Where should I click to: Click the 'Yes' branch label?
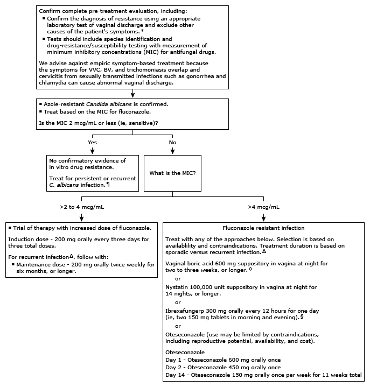click(93, 142)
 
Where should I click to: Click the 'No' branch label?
click(172, 142)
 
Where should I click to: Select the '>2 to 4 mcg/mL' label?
click(81, 207)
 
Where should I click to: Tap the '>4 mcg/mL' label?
click(263, 207)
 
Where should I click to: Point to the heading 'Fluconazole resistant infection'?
click(263, 228)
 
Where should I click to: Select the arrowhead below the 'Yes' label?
click(93, 151)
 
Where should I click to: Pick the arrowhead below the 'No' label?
click(172, 151)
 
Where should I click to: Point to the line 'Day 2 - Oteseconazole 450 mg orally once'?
click(223, 367)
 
